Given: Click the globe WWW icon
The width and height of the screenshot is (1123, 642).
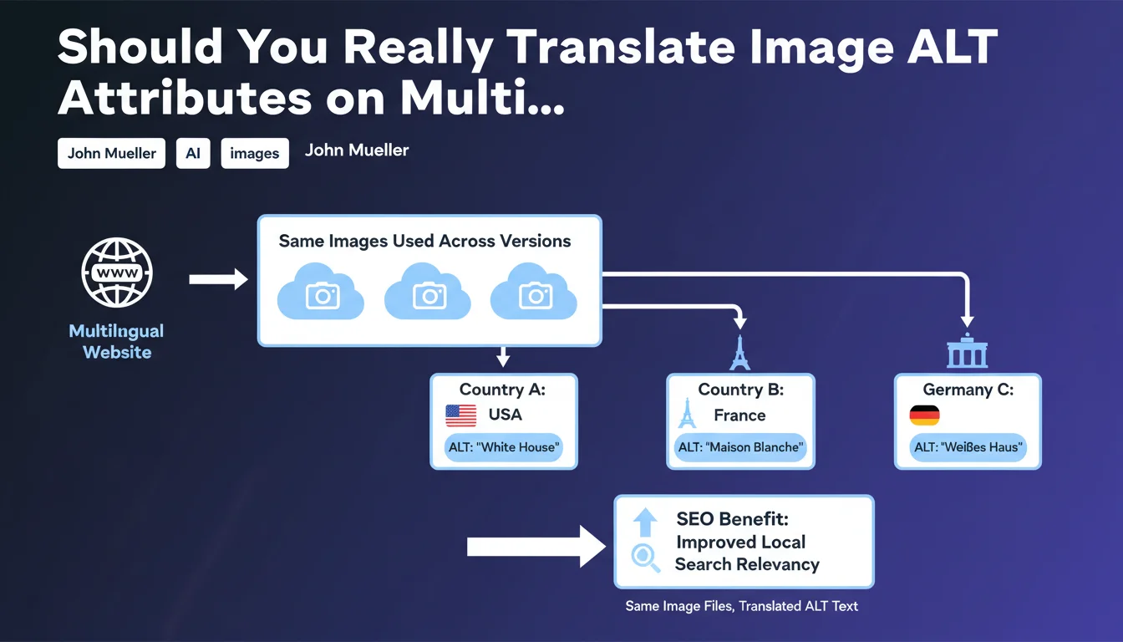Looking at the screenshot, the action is click(x=117, y=273).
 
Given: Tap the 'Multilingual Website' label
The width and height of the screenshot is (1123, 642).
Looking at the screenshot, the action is click(x=117, y=342).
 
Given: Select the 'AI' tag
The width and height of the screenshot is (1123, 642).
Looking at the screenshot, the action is click(x=193, y=153).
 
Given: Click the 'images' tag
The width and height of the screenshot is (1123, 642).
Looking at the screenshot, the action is click(x=255, y=153).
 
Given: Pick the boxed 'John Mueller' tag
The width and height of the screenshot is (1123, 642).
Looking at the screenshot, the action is click(x=111, y=153).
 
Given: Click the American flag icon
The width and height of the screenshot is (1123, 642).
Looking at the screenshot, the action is click(x=460, y=415).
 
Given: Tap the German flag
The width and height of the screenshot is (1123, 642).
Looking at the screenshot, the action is click(x=924, y=415).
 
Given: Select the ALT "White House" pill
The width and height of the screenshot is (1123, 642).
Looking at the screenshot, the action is click(x=503, y=447).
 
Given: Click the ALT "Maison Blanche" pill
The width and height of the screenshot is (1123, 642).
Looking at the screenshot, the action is click(x=740, y=447).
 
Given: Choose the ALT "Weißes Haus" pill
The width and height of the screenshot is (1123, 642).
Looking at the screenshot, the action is click(x=968, y=447).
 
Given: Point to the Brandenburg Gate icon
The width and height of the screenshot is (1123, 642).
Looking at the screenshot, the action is click(x=967, y=350).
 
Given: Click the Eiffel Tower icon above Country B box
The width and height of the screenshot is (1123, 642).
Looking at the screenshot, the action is click(x=739, y=353).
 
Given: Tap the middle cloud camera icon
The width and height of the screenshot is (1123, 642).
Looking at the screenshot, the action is click(x=428, y=292).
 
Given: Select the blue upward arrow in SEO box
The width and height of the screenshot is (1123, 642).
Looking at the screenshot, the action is click(x=645, y=522).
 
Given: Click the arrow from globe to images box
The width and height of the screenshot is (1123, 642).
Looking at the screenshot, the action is click(x=218, y=279).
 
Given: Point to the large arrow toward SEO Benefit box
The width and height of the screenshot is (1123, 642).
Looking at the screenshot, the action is click(x=536, y=546).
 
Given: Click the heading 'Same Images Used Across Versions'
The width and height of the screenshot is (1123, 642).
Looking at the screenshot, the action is click(x=424, y=241).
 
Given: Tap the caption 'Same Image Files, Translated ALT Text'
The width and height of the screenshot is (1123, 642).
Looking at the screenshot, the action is click(x=741, y=606).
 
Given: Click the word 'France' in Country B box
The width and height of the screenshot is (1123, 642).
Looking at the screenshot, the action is click(x=739, y=415).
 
